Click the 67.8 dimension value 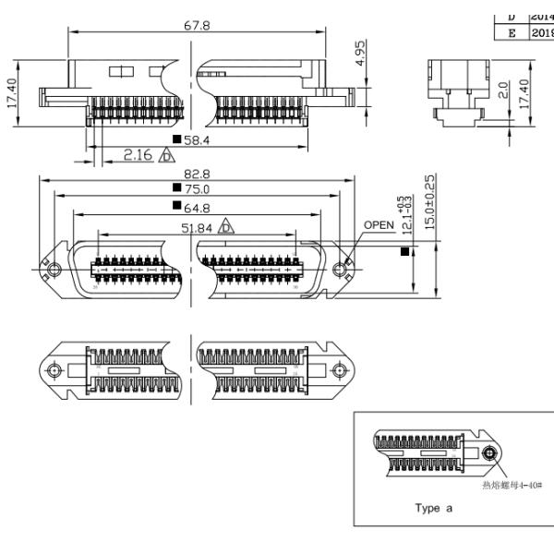click(196, 26)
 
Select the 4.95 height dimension click(364, 49)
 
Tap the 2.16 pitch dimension click(138, 154)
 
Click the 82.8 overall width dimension click(196, 174)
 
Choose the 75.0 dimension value click(195, 189)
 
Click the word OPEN click(379, 224)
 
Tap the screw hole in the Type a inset click(488, 453)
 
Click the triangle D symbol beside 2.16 click(168, 154)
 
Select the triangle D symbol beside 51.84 click(226, 226)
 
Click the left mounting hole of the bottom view click(55, 370)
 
